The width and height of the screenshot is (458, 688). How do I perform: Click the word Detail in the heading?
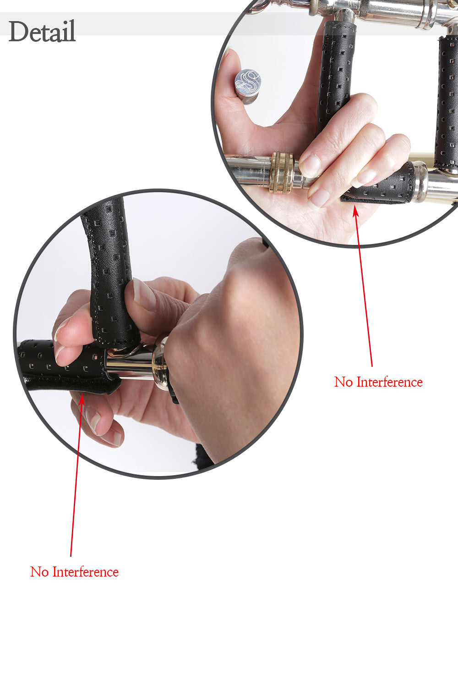(x=42, y=31)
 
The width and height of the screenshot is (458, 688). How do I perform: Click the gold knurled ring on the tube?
(x=282, y=172)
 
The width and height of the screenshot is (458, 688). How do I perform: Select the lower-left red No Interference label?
(x=74, y=571)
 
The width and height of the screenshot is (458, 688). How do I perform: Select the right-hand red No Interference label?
(x=379, y=382)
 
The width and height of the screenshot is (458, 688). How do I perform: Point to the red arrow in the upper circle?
(x=363, y=286)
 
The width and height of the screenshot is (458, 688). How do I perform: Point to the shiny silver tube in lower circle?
(x=130, y=364)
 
